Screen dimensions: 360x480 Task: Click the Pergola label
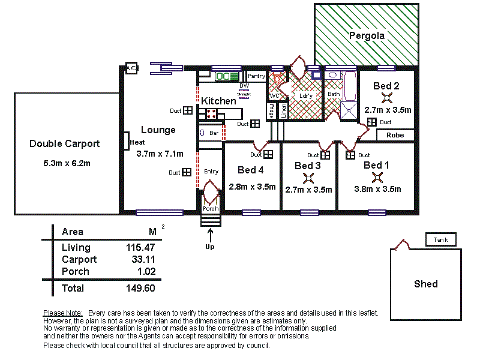[367, 36]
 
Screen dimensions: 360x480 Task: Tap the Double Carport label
[65, 144]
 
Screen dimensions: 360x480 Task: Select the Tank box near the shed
[440, 241]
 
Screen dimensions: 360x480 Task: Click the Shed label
[425, 284]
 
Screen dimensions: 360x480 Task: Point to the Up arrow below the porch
[209, 239]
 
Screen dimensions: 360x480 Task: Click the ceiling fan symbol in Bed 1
[377, 176]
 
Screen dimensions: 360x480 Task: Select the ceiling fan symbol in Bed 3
[308, 178]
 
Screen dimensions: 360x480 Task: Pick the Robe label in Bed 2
[395, 135]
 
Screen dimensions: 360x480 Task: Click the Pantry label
[256, 76]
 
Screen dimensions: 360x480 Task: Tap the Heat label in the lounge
[137, 142]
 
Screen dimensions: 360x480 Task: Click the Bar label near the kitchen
[214, 133]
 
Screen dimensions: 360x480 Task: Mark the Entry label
[211, 172]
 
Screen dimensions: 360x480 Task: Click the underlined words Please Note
[62, 313]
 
